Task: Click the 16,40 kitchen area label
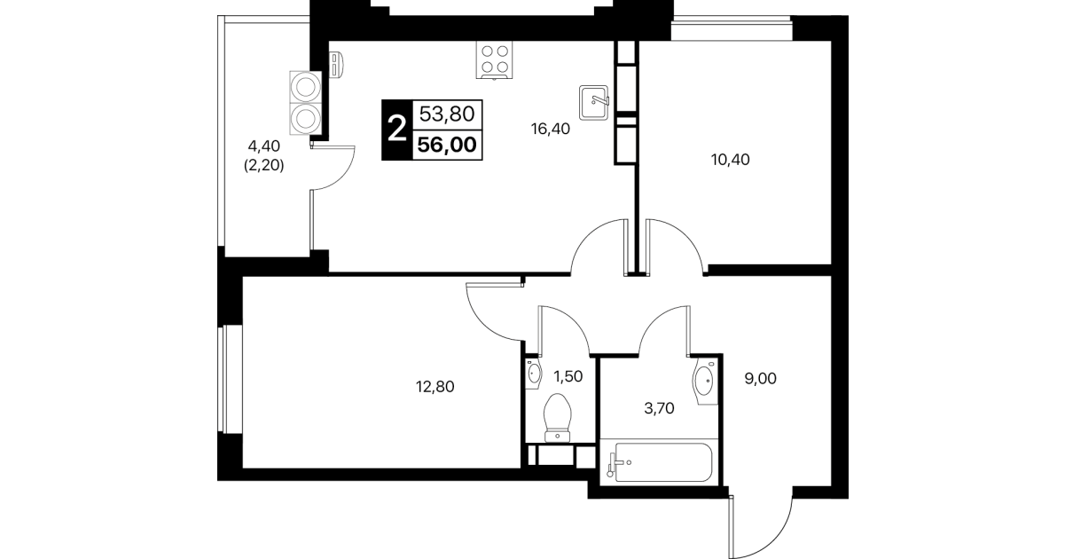tap(550, 129)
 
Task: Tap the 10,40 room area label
tap(731, 160)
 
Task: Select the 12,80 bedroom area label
tap(435, 387)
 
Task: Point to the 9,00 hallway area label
tap(760, 379)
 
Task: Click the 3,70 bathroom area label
tap(659, 408)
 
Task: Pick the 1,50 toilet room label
tap(568, 377)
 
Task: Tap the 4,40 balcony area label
tap(264, 146)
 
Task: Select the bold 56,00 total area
tap(447, 145)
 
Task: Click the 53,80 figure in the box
tap(447, 114)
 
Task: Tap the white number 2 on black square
tap(397, 130)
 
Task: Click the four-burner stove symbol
tap(495, 60)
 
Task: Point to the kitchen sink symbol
tap(594, 102)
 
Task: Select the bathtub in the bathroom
tap(663, 462)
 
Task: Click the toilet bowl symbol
tap(558, 418)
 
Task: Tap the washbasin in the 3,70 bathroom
tap(705, 382)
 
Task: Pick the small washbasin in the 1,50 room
tap(534, 374)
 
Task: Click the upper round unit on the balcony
tap(305, 88)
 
